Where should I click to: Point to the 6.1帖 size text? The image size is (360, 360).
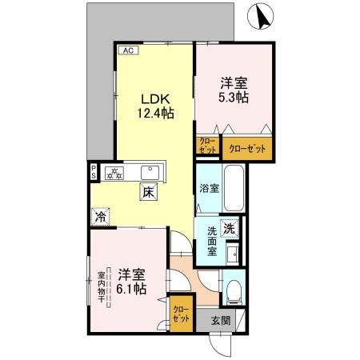click(x=130, y=286)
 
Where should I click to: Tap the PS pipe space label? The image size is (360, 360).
click(x=94, y=172)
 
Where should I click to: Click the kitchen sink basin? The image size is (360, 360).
click(x=150, y=171)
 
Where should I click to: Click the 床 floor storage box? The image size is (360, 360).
click(x=148, y=192)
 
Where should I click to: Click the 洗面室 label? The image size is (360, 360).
click(x=212, y=239)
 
